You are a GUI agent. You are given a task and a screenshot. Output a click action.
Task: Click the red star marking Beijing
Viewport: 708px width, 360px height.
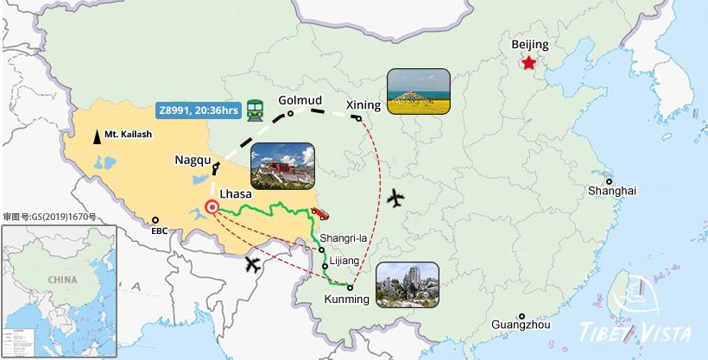[528, 62]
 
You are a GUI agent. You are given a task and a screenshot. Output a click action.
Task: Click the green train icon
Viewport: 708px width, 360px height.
[255, 109]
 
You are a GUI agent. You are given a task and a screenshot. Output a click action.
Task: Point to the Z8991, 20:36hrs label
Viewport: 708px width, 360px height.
[198, 110]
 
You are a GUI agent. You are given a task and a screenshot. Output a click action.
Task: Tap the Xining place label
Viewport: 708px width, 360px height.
[363, 105]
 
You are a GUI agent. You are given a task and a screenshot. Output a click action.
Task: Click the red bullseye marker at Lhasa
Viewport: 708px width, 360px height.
[212, 207]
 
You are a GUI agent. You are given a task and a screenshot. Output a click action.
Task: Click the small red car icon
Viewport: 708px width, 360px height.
[319, 212]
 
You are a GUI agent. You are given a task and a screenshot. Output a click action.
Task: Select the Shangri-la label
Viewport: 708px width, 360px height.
[343, 238]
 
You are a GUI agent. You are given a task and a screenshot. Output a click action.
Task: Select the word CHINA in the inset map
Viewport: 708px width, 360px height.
[62, 280]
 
